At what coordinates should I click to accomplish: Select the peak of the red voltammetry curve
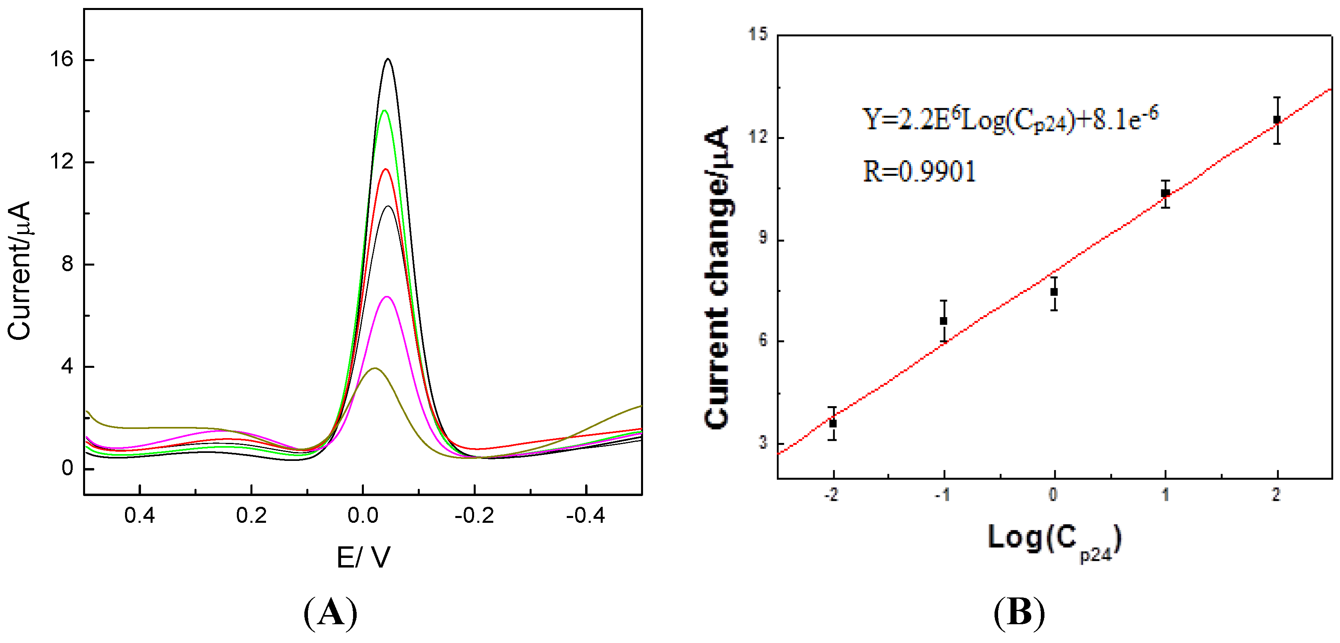click(x=385, y=169)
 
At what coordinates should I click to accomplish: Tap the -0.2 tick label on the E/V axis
click(x=474, y=516)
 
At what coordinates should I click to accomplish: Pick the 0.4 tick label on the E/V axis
click(x=139, y=516)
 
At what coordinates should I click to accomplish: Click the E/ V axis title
click(x=363, y=558)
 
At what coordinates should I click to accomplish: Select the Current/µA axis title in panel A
click(x=20, y=270)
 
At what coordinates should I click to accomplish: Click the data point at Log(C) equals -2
click(x=833, y=423)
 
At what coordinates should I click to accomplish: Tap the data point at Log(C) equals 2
click(x=1276, y=120)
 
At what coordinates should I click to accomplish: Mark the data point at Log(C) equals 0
click(x=1054, y=292)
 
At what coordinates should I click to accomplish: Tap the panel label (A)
click(x=330, y=612)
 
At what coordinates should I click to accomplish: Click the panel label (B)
click(x=1018, y=612)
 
